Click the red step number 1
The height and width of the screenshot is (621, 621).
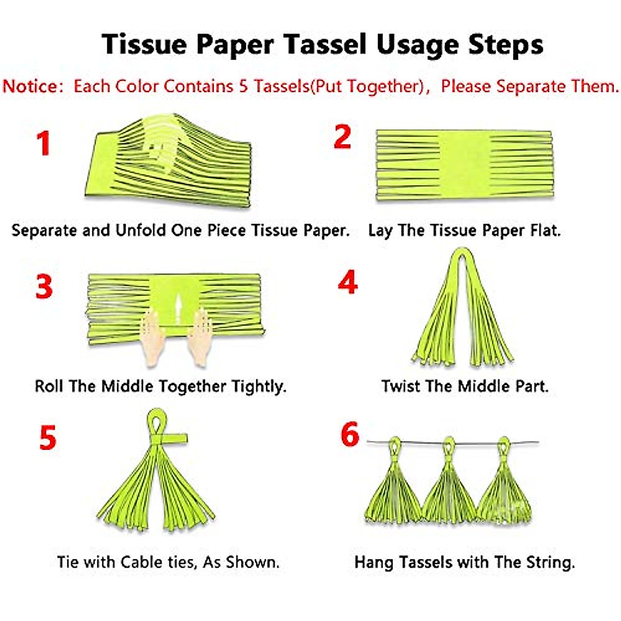(43, 143)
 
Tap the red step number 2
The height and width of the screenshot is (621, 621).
(342, 137)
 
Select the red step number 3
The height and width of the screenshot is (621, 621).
(44, 286)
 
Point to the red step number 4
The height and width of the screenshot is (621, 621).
(347, 283)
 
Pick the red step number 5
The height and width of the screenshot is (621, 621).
(47, 437)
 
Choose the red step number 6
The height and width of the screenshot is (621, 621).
(350, 434)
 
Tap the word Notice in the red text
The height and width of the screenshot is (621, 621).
(32, 86)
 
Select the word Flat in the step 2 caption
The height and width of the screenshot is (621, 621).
(545, 230)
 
